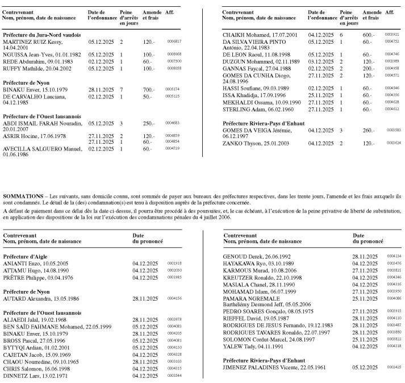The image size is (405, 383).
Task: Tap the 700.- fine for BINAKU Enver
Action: (148, 90)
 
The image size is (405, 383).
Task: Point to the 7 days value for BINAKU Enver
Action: (122, 90)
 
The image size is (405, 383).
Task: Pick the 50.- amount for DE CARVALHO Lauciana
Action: (147, 97)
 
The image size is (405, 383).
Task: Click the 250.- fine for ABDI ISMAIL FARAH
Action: (148, 123)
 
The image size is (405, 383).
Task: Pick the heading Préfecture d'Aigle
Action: (27, 257)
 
